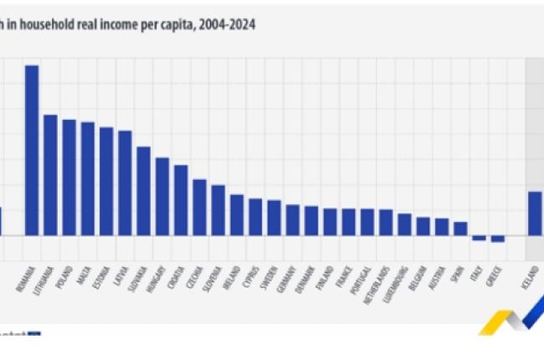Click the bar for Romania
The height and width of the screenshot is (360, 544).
[32, 151]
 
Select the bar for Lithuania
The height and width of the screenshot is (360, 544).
[50, 175]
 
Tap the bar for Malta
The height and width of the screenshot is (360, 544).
[87, 179]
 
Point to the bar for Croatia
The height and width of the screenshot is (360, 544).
[181, 200]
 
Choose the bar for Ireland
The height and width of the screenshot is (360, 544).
[237, 215]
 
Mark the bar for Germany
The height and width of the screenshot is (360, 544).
[293, 220]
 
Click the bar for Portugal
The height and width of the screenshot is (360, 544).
[367, 222]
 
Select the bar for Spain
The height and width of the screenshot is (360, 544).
[459, 229]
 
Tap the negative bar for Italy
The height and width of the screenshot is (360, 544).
[479, 239]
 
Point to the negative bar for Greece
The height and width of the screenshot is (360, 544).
[497, 239]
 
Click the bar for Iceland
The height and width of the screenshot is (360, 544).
[535, 213]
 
